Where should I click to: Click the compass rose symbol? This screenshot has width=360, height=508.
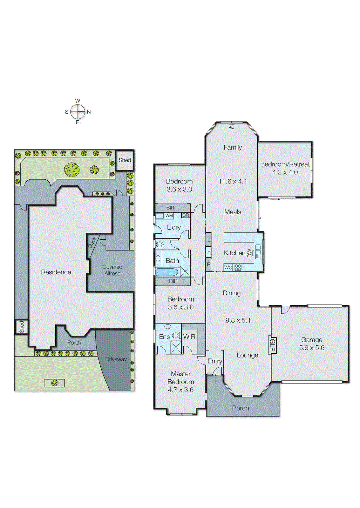78,111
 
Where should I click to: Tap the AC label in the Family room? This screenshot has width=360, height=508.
231,127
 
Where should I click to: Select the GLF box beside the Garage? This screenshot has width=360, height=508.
272,345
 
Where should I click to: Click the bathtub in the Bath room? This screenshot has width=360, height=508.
166,272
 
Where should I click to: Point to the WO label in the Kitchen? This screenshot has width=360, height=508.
228,267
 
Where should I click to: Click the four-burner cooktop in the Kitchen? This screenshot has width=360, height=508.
238,267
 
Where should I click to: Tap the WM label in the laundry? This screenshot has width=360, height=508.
169,216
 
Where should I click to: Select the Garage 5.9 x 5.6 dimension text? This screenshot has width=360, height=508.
311,348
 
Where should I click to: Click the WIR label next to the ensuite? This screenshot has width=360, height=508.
189,337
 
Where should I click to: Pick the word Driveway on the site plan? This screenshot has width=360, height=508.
116,359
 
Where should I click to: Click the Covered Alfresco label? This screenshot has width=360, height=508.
112,270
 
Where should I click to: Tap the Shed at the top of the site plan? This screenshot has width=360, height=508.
125,160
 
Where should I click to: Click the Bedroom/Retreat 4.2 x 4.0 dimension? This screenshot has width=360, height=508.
285,172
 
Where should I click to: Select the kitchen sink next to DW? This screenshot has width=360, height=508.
258,252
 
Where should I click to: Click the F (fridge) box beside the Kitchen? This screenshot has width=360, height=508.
208,252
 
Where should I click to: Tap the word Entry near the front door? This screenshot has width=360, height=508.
214,361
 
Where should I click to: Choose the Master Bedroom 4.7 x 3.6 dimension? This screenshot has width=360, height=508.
180,390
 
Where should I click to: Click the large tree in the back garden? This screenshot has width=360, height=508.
72,170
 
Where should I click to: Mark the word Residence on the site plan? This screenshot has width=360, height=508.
56,272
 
